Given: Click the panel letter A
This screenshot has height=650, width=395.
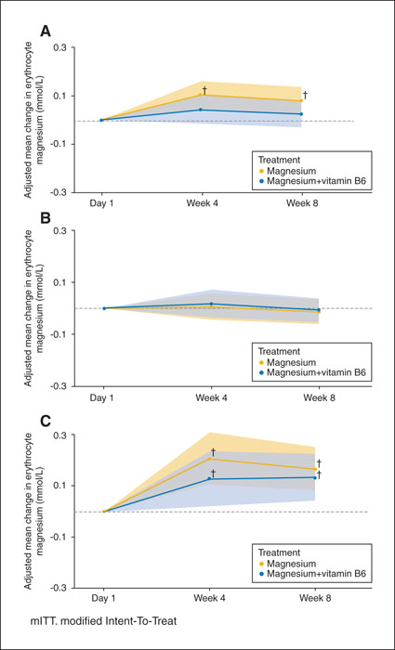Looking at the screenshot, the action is coord(46,31).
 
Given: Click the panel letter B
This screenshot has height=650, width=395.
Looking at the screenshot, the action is coord(46,217).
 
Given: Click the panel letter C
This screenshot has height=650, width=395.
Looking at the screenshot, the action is coord(46,422).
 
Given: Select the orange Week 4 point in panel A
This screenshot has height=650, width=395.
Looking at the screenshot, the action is coord(201,95).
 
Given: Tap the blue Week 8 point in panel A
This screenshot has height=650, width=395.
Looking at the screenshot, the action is coord(301,114).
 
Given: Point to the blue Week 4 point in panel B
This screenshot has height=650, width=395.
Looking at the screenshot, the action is coord(211,304).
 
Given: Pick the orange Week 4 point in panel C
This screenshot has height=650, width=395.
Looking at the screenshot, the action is coord(209,459).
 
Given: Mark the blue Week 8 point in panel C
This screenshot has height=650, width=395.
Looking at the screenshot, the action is coord(315,477).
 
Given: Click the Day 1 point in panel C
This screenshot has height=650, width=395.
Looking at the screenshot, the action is coord(104,512).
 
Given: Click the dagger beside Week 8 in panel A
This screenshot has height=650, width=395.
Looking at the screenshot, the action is coord(305,95).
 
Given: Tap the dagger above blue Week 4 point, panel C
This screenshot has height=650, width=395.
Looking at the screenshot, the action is coord(213,473).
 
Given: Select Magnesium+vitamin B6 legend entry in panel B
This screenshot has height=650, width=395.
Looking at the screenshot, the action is coord(314,372).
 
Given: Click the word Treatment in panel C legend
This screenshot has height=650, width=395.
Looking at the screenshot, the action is coord(279,552).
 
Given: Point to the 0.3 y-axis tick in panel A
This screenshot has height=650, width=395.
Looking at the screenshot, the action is coord(62,47).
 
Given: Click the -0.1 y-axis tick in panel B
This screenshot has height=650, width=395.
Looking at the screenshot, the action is coord(61,334).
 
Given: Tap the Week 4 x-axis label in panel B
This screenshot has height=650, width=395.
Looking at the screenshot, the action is coord(212,398).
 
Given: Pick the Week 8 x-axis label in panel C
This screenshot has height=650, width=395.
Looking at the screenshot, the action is coord(315,599).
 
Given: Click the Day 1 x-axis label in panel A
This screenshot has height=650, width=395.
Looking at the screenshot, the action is coord(101,204).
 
